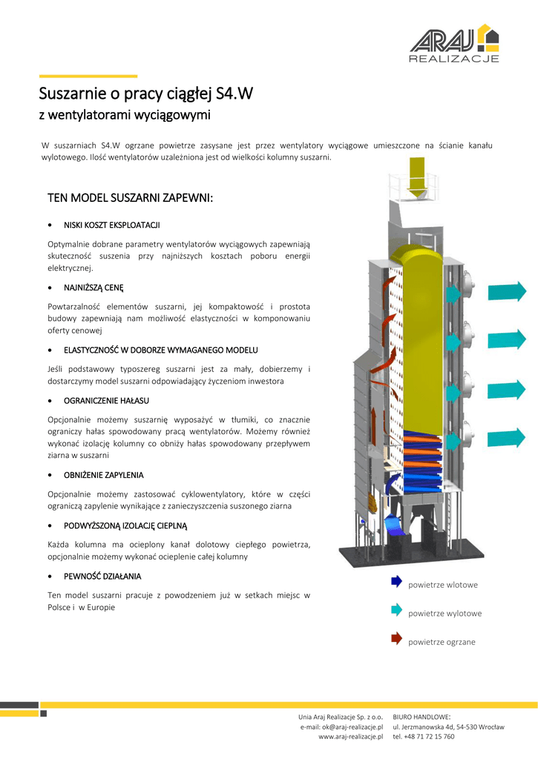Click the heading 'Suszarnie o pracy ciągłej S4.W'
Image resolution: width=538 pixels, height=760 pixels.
point(145,94)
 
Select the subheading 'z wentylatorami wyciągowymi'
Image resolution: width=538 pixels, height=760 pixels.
point(124,115)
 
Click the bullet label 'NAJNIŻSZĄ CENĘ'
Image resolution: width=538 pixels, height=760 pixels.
point(94,286)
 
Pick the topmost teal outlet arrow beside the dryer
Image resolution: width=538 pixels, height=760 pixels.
point(508,292)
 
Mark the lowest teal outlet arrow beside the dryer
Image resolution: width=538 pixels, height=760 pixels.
point(508,440)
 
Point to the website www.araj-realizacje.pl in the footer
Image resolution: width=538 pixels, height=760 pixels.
point(350,737)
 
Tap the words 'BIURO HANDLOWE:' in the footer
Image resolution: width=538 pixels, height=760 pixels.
point(422,716)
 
